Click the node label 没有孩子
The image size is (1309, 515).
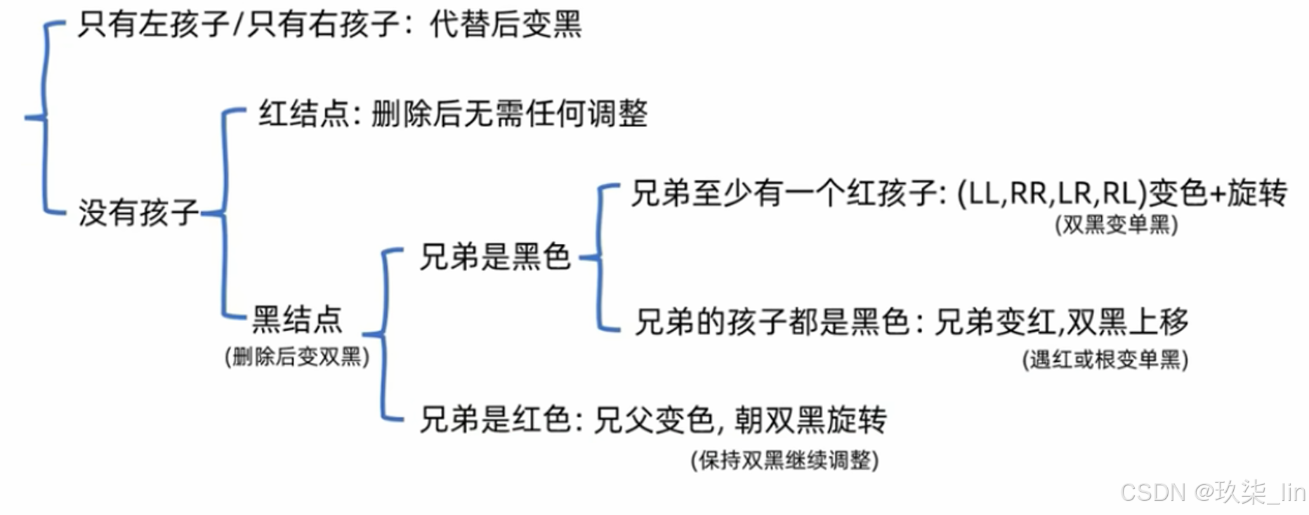click(138, 212)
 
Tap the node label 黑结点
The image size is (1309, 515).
click(297, 320)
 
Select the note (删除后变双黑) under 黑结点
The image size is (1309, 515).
click(297, 357)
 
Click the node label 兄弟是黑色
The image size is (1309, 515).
click(494, 256)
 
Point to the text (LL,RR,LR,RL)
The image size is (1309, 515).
click(1051, 193)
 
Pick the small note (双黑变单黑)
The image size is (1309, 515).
click(1116, 225)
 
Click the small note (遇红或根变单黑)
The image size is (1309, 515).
click(1105, 360)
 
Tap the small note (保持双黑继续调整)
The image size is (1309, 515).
click(784, 461)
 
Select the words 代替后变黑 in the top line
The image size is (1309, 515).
click(506, 25)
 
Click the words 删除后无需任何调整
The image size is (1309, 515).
click(509, 114)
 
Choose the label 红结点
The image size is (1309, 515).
click(303, 114)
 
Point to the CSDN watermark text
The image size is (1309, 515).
click(1213, 493)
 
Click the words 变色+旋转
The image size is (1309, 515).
click(1218, 193)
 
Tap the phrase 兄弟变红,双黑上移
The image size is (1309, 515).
click(1061, 322)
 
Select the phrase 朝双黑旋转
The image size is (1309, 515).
click(810, 420)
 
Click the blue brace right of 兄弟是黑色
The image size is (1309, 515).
click(600, 257)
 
